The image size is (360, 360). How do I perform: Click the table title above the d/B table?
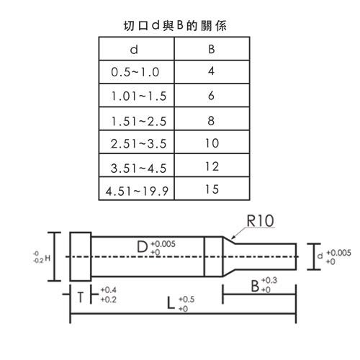(175, 26)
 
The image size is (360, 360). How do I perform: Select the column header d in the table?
(134, 50)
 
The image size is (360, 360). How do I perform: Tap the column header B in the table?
(212, 49)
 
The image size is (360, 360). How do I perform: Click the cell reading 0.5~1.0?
(135, 72)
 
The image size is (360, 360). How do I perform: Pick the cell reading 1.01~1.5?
(139, 96)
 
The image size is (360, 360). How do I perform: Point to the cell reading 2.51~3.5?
(138, 143)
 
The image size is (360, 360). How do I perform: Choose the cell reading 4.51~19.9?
(137, 192)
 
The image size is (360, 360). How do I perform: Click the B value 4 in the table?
(211, 71)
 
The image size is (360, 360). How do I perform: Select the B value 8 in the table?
(211, 120)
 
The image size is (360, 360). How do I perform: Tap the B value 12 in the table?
(212, 166)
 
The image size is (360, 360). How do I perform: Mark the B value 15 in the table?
(212, 189)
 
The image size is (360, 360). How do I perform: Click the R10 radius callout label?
(260, 220)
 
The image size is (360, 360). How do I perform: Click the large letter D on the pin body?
(143, 247)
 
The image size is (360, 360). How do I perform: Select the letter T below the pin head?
(81, 297)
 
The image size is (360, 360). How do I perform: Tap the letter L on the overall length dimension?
(171, 303)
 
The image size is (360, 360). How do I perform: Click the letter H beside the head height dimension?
(48, 258)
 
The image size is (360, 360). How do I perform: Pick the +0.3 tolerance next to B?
(269, 280)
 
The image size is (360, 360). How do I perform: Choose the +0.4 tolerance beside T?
(109, 290)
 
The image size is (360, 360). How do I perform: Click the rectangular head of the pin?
(81, 256)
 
